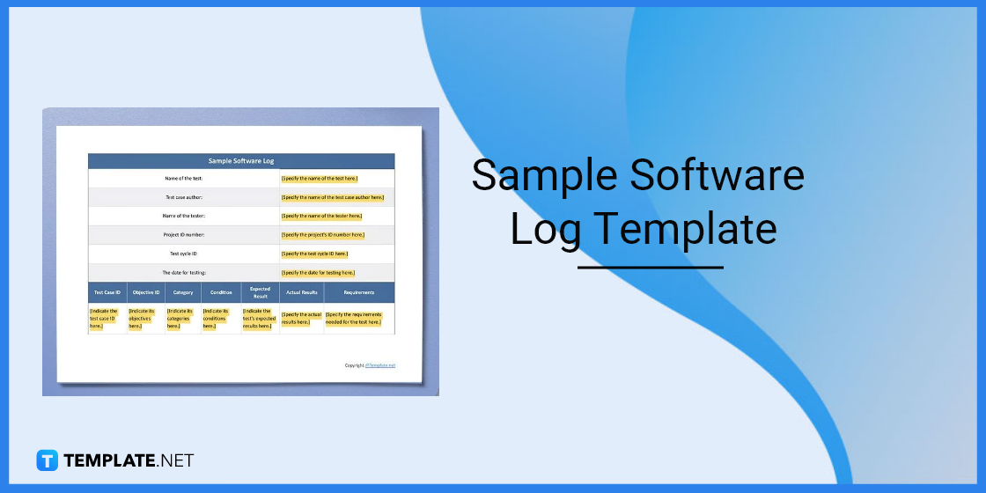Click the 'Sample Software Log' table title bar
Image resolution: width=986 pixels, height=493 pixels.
coord(241,161)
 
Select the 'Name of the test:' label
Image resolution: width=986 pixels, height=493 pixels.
coord(184,178)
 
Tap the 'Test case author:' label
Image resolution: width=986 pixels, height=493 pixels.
coord(184,197)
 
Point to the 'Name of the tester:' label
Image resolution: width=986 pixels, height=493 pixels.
coord(184,216)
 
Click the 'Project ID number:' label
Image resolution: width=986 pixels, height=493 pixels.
coord(184,235)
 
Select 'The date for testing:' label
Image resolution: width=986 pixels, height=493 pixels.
coord(184,273)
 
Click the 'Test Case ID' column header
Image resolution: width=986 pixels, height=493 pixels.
coord(107,292)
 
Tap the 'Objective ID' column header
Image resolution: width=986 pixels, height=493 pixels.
coord(145,292)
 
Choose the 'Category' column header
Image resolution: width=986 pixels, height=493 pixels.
coord(183,292)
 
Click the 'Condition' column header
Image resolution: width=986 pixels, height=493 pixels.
coord(221,292)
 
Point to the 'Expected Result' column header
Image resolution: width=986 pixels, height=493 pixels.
coord(260,292)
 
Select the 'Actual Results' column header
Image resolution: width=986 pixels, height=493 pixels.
coord(301,292)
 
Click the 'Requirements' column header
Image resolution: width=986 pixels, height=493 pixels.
coord(359,292)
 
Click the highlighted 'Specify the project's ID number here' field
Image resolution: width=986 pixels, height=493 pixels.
coord(323,235)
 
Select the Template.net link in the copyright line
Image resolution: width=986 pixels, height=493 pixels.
coord(380,365)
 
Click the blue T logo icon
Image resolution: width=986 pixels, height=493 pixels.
coord(47,460)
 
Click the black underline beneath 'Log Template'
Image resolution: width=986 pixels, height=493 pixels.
coord(651,267)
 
